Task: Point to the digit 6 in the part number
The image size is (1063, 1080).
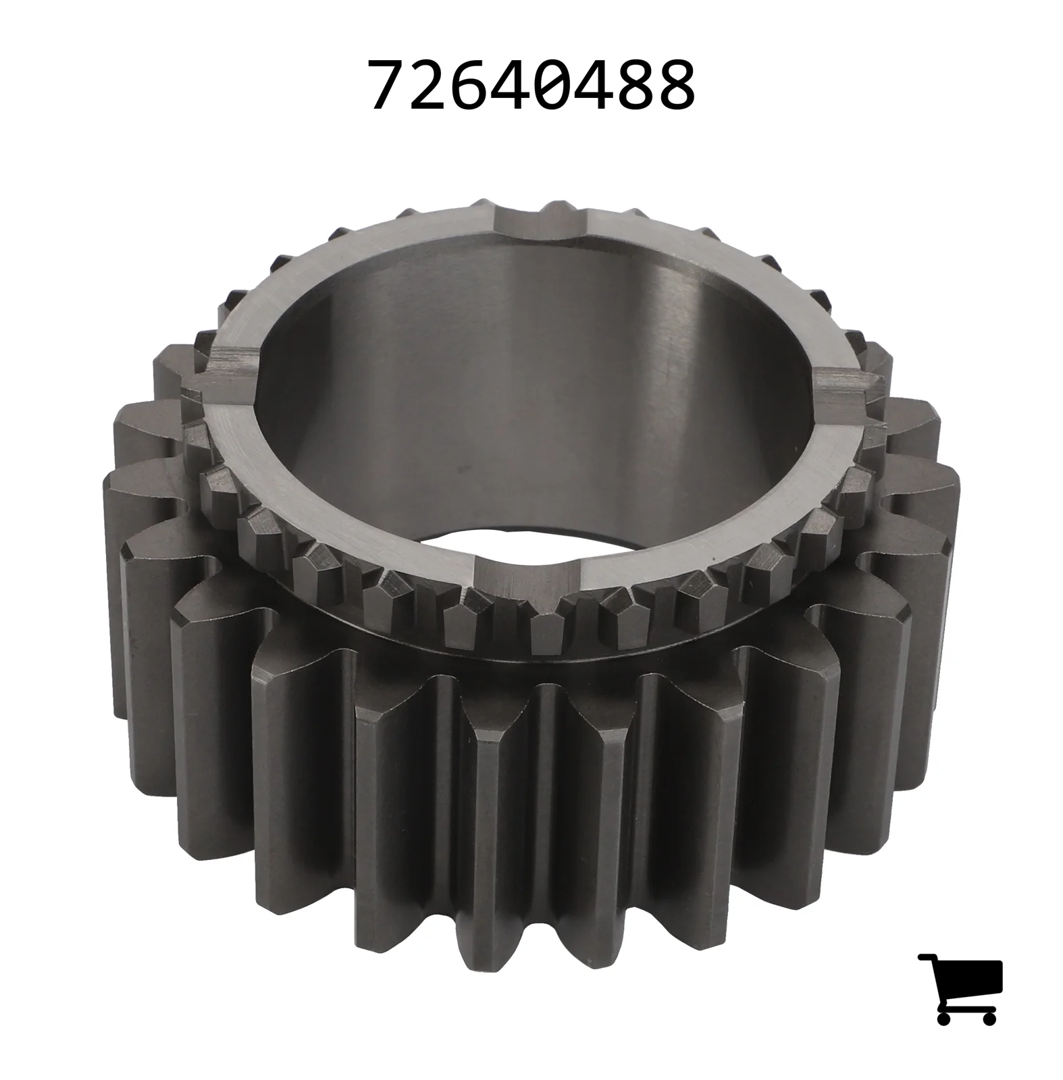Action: pyautogui.click(x=472, y=85)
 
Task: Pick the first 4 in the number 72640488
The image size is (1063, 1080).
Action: pyautogui.click(x=513, y=85)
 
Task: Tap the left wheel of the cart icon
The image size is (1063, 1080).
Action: pyautogui.click(x=945, y=1017)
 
